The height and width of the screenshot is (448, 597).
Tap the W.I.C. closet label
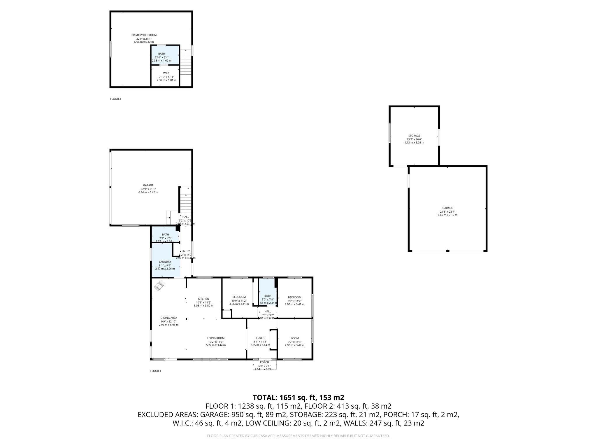pyautogui.click(x=166, y=73)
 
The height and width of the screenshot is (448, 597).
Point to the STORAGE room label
pyautogui.click(x=414, y=136)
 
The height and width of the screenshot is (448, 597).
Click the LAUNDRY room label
pyautogui.click(x=165, y=262)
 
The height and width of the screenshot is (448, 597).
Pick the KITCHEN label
pyautogui.click(x=203, y=299)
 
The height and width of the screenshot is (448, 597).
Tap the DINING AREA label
pyautogui.click(x=168, y=318)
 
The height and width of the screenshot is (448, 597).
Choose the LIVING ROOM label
pyautogui.click(x=216, y=338)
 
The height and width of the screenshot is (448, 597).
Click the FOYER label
pyautogui.click(x=260, y=338)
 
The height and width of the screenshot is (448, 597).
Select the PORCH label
pyautogui.click(x=264, y=362)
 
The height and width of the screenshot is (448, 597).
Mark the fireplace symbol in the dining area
pyautogui.click(x=159, y=286)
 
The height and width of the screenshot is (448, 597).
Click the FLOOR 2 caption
pyautogui.click(x=115, y=99)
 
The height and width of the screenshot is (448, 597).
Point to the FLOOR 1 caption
pyautogui.click(x=155, y=371)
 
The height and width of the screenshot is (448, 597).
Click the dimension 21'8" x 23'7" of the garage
pyautogui.click(x=447, y=212)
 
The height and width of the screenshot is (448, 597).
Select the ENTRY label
pyautogui.click(x=186, y=251)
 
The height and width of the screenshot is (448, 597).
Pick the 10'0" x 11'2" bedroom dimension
pyautogui.click(x=239, y=301)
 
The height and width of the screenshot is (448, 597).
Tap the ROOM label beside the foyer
pyautogui.click(x=294, y=338)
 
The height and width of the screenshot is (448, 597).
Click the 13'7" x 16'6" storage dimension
pyautogui.click(x=414, y=139)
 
